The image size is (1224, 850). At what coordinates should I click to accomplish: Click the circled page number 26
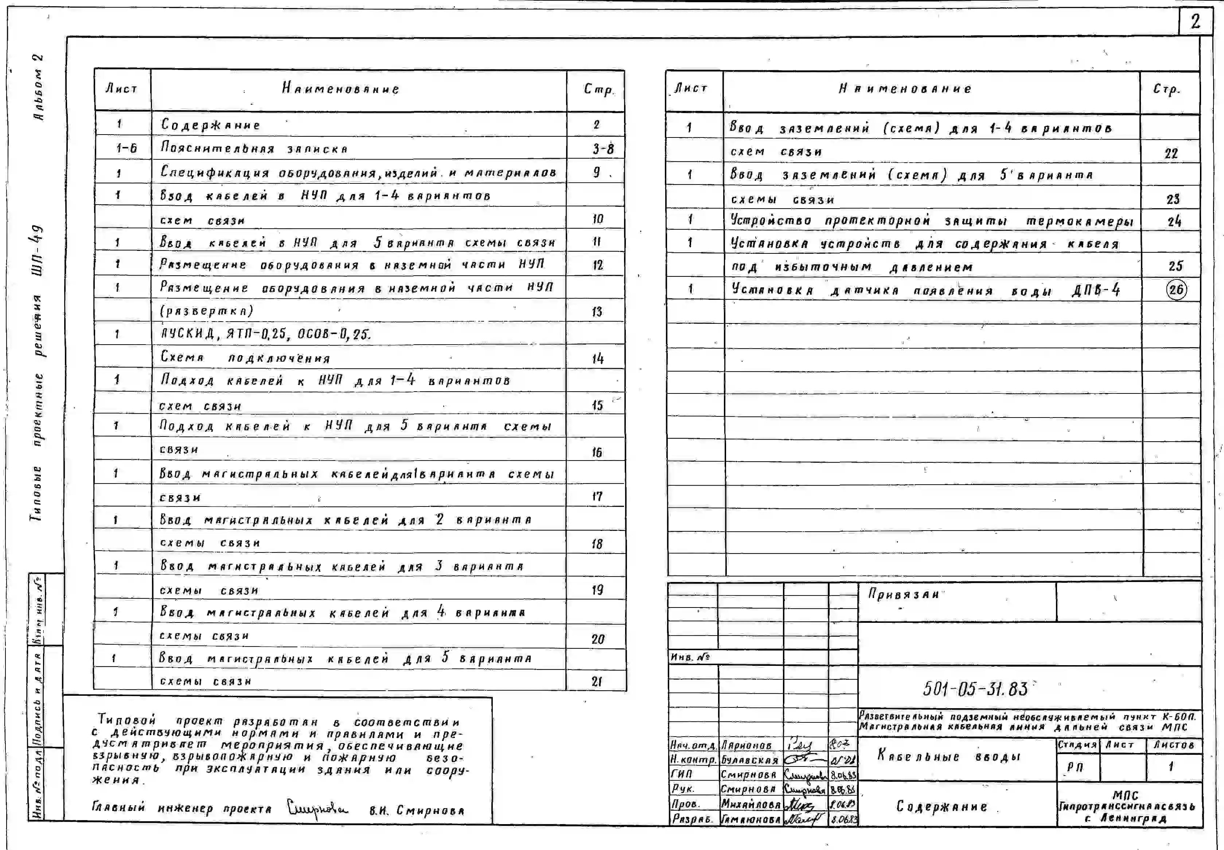1176,290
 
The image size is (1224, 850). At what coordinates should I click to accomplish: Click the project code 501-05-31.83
975,689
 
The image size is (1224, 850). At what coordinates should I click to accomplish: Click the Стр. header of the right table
1166,89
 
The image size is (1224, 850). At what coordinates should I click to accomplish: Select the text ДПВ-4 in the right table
1096,290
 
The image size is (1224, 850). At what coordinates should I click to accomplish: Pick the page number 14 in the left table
598,358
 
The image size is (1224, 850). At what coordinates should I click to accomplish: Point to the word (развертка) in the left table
207,310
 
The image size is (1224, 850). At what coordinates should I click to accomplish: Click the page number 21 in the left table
597,682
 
